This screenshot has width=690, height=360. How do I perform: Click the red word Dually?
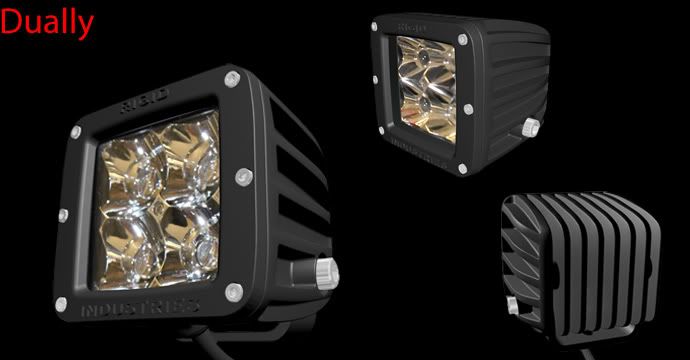(47, 23)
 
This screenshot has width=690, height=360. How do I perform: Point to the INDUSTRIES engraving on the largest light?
(140, 308)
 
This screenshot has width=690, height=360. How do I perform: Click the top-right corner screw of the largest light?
(232, 79)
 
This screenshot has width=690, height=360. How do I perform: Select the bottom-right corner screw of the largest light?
(234, 292)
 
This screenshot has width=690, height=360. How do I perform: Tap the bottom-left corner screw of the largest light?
(61, 304)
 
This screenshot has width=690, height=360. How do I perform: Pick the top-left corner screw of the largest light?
(76, 132)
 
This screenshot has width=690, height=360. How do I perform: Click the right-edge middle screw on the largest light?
(244, 177)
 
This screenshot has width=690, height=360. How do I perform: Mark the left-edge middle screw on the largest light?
(63, 215)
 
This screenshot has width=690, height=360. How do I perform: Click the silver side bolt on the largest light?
(327, 273)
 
